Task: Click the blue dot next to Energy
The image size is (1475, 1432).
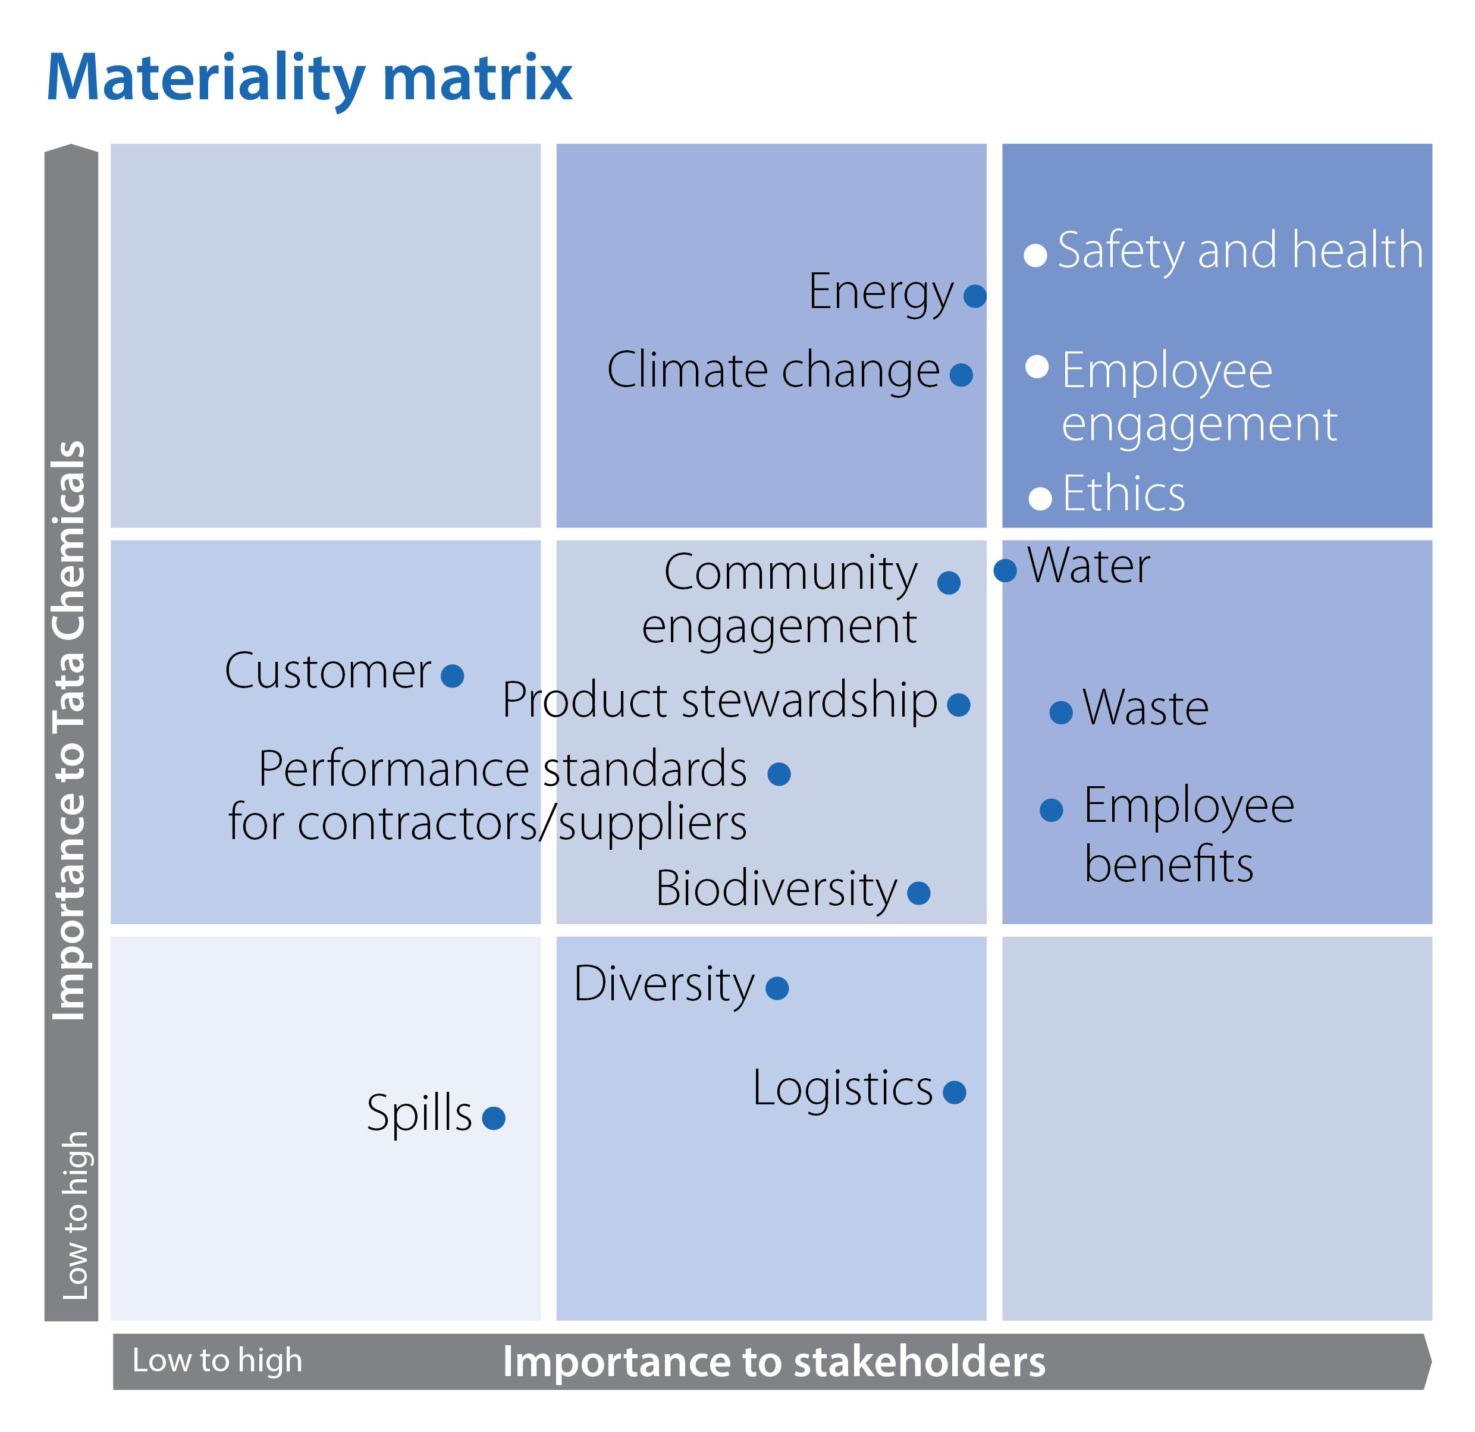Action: coord(975,296)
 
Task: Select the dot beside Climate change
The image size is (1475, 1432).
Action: coord(961,374)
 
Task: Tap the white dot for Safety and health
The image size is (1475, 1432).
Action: coord(1035,255)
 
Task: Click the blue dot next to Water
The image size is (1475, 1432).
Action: coord(1005,570)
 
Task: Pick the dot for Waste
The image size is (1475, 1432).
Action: coord(1061,712)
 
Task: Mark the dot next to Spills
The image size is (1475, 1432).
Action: coord(494,1117)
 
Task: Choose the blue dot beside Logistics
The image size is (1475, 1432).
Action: coord(954,1092)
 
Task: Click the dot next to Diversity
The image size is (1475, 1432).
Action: coord(777,988)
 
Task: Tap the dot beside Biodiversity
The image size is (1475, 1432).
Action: coord(919,893)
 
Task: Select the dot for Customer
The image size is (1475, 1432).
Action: coord(452,676)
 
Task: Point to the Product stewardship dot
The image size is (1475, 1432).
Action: coord(959,705)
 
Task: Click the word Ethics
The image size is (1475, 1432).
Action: coord(1123,494)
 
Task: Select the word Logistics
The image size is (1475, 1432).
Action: coord(843,1088)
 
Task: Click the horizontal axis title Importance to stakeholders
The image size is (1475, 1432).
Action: coord(774,1361)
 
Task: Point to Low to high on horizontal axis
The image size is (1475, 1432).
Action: coord(218,1360)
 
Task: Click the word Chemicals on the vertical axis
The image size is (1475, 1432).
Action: coord(69,542)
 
